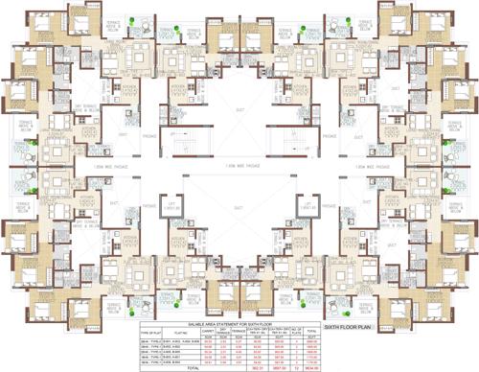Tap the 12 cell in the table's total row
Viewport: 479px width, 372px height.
[x=297, y=366]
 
